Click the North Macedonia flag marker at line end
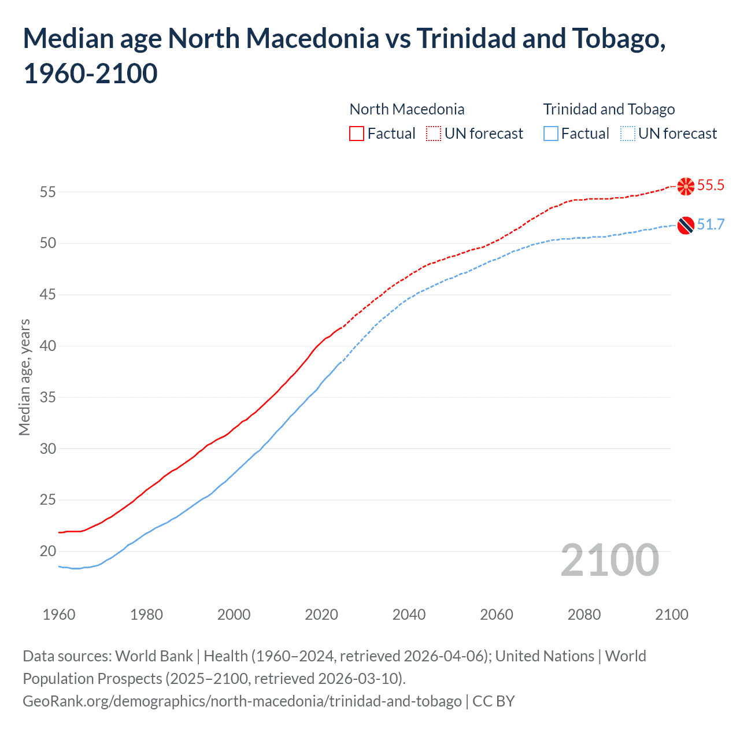[x=686, y=186]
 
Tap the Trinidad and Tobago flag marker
[x=686, y=225]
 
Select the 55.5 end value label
[x=711, y=186]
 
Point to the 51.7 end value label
[x=711, y=225]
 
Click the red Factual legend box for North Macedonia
[x=357, y=134]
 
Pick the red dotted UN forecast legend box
[x=434, y=134]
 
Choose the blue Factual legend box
[x=551, y=134]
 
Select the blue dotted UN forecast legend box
[x=627, y=134]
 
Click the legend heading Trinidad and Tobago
[x=609, y=109]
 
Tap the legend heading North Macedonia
[x=407, y=109]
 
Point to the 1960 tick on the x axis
[x=59, y=615]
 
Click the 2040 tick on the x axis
[x=409, y=615]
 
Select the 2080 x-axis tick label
[x=584, y=615]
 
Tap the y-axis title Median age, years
[x=24, y=377]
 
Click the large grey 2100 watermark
[x=609, y=560]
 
